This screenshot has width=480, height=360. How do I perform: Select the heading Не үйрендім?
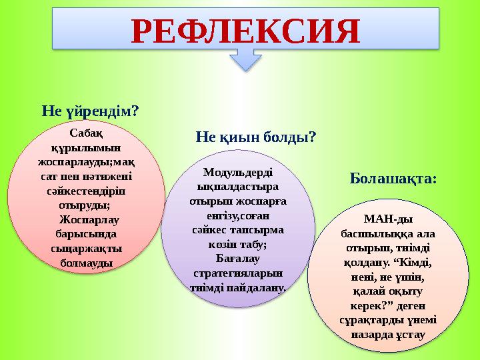[90, 107]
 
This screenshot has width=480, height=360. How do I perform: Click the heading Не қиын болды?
[255, 137]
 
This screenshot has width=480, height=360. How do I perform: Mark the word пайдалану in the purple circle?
[259, 288]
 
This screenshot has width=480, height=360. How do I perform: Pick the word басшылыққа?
[371, 233]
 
